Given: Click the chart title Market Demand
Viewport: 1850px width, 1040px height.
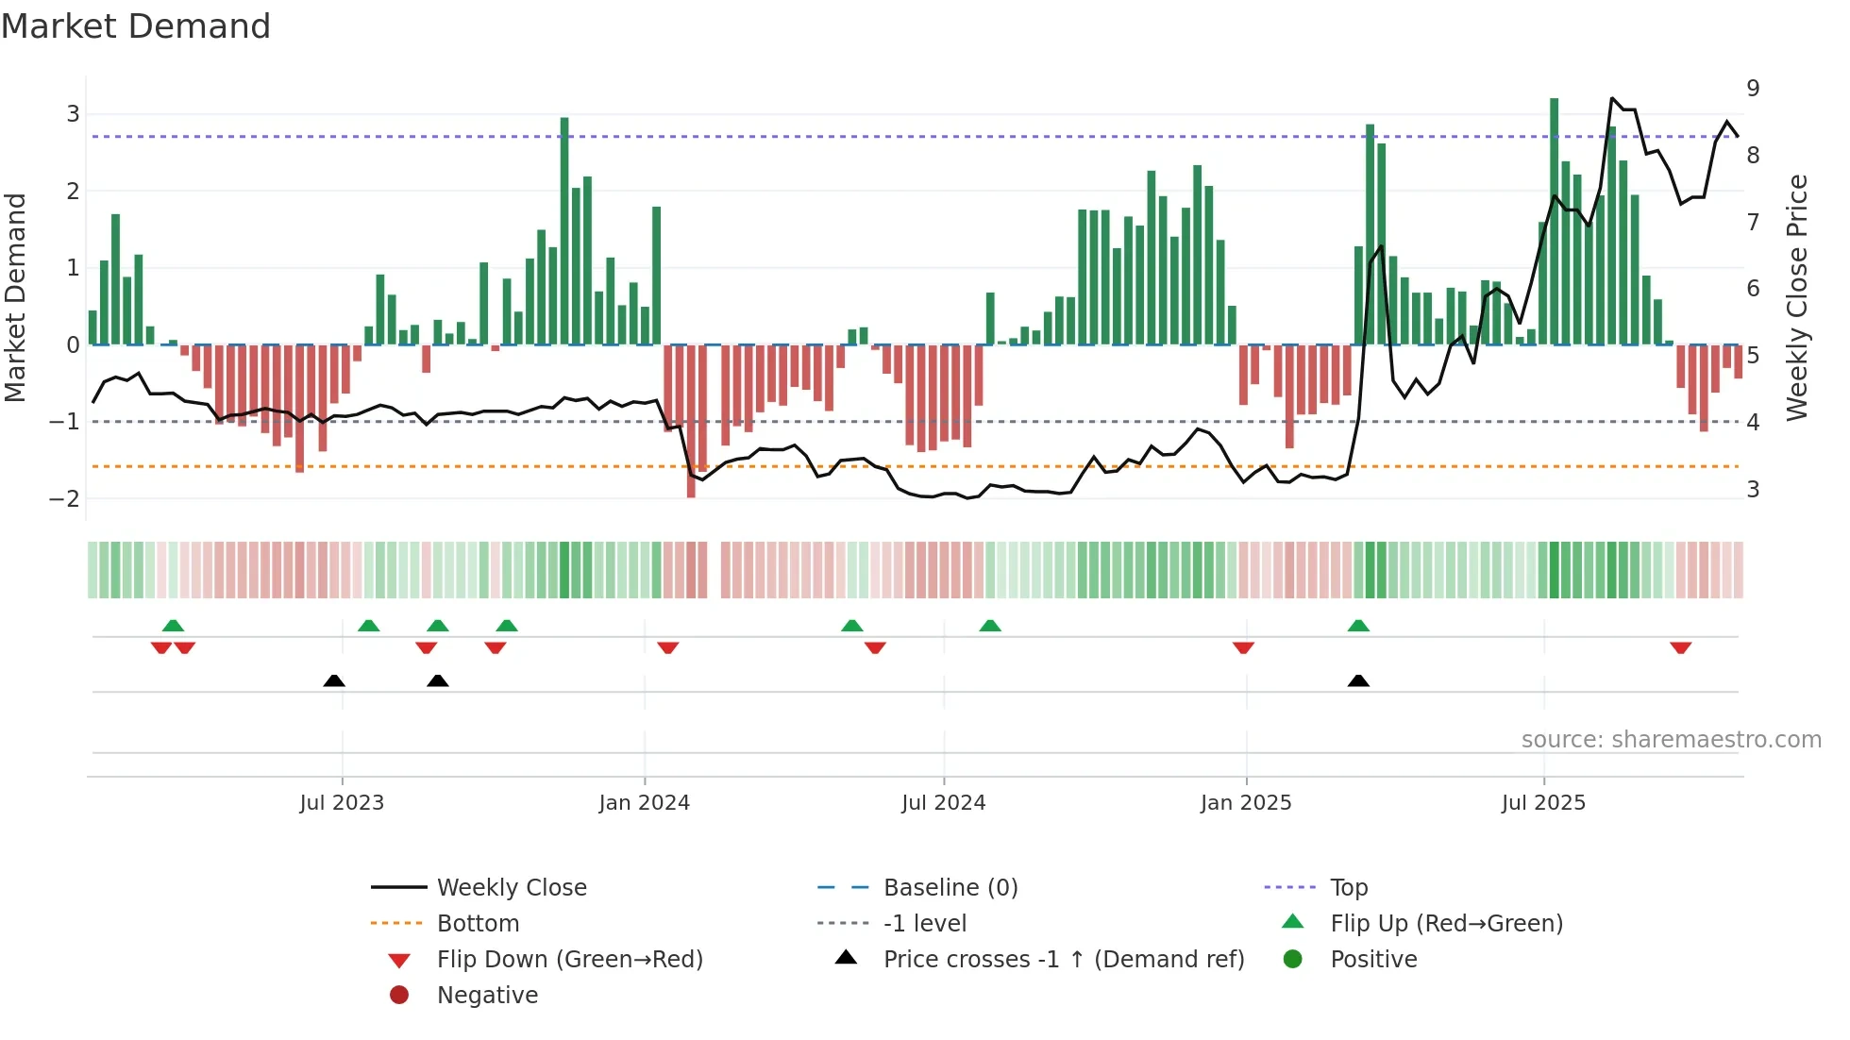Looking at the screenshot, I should [136, 26].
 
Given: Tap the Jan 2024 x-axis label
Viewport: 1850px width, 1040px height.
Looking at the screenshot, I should [644, 803].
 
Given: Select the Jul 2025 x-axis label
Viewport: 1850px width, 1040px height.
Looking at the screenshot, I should [1543, 803].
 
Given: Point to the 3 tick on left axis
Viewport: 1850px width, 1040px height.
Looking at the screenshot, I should [73, 114].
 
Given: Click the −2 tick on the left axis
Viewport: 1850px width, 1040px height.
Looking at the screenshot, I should [66, 498].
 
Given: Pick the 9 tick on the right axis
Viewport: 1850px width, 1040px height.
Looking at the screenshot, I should [1753, 89].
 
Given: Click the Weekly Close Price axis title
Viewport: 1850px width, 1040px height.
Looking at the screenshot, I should [1797, 297].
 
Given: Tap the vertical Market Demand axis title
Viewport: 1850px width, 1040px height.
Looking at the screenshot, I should [16, 297].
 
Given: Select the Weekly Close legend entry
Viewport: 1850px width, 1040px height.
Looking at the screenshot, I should [511, 888].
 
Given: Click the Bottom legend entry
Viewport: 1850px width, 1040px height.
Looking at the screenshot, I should [478, 924].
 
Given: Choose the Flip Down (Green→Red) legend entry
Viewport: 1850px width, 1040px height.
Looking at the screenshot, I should [569, 960].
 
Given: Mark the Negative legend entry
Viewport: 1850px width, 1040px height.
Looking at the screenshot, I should [487, 996].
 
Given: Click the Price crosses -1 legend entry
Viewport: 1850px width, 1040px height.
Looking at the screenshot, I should [1063, 960].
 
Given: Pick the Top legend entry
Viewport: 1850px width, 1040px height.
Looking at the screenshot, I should [1348, 888].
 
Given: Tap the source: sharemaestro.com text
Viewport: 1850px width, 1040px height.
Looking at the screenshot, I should [1671, 740].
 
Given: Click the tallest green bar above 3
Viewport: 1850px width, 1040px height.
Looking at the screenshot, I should [1554, 221].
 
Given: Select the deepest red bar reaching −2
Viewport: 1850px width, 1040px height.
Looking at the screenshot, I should [691, 421].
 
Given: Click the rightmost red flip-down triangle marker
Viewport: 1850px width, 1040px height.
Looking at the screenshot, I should [1680, 648].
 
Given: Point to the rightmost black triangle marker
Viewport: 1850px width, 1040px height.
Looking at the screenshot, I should [1358, 680].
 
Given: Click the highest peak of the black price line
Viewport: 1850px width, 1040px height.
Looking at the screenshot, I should [1612, 98].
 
